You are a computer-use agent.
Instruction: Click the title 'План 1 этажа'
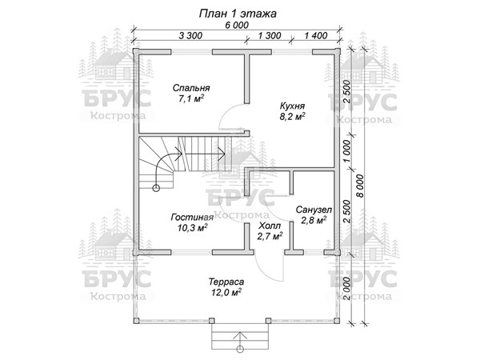[238, 14]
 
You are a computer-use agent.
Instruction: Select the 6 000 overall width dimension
[237, 25]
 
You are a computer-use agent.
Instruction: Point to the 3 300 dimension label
[190, 35]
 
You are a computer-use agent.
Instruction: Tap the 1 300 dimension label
[270, 35]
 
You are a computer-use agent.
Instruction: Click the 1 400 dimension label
[316, 35]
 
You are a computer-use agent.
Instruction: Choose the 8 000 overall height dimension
[361, 186]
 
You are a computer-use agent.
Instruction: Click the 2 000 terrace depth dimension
[346, 289]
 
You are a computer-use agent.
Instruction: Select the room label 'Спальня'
[191, 88]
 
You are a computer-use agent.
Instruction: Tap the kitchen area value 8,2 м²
[292, 117]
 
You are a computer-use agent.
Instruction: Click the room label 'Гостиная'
[192, 217]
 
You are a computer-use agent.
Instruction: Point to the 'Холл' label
[270, 226]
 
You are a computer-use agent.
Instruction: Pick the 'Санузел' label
[314, 210]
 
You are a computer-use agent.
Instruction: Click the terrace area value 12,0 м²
[226, 292]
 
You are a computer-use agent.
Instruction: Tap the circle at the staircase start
[156, 188]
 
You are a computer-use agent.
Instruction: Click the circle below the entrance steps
[240, 349]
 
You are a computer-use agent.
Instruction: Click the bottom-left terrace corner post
[136, 321]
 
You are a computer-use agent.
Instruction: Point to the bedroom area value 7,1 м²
[191, 98]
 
